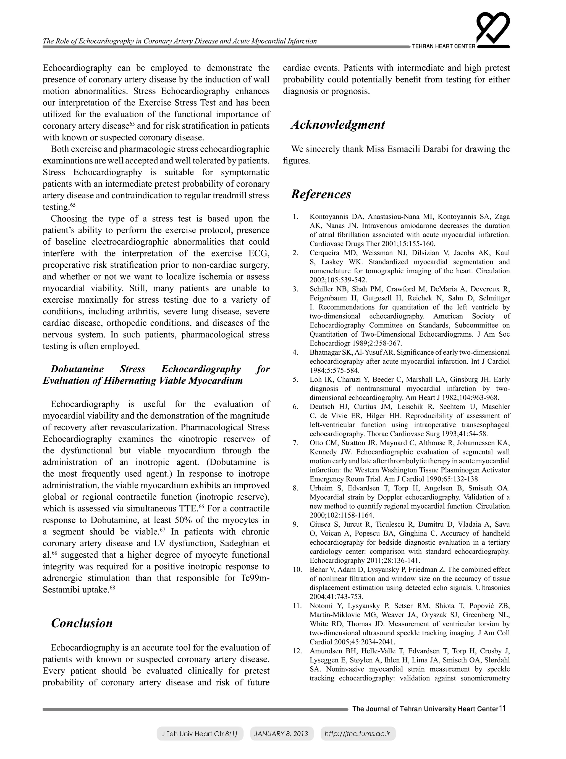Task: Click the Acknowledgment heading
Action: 338,125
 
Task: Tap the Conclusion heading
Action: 82,623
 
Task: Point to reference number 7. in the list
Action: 296,443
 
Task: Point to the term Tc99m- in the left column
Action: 253,578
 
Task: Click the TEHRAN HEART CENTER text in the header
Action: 443,46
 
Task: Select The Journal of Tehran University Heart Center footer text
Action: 425,709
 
